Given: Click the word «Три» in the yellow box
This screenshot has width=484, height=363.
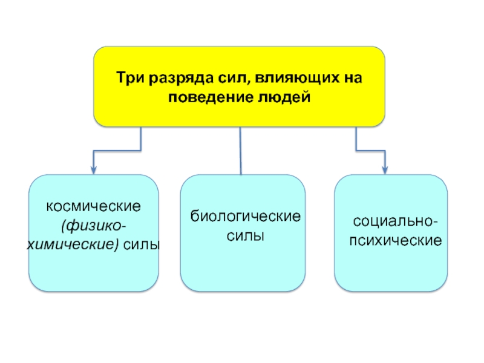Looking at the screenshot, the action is click(x=131, y=78).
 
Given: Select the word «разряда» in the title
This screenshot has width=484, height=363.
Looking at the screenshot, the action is click(x=181, y=79).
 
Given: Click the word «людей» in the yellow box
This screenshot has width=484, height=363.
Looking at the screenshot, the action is click(x=284, y=97).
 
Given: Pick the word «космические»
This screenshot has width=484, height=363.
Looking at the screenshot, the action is click(x=94, y=206).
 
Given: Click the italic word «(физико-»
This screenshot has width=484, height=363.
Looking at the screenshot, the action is click(x=94, y=226).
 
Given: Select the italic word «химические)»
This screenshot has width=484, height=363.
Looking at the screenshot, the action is click(x=73, y=245).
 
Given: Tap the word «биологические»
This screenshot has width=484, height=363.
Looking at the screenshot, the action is click(x=246, y=217).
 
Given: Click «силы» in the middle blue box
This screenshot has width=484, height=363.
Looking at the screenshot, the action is click(x=246, y=236).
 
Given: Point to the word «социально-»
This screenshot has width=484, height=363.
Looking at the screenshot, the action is click(x=396, y=221).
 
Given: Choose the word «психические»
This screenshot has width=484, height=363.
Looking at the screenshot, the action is click(x=396, y=240).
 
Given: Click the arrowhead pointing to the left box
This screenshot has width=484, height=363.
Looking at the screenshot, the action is click(x=94, y=171).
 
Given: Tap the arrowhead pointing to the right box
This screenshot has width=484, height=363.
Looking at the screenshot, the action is click(x=385, y=171).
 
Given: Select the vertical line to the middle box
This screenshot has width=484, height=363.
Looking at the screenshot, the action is click(x=240, y=151).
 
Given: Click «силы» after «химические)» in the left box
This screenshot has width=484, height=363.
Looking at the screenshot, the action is click(x=142, y=245).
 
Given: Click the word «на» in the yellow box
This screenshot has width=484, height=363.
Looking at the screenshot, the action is click(x=353, y=79).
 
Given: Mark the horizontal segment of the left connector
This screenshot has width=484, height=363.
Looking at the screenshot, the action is click(x=117, y=151).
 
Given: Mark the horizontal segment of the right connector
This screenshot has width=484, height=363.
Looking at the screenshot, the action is click(x=370, y=151).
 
